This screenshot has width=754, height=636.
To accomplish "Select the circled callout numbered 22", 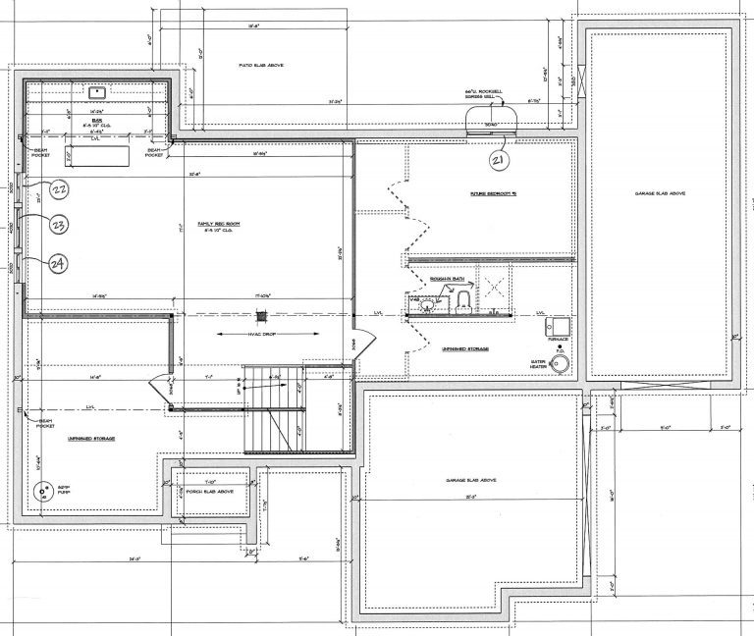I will (59, 188).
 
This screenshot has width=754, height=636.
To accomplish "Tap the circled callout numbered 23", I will (59, 225).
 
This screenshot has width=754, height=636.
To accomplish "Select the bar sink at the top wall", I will (98, 93).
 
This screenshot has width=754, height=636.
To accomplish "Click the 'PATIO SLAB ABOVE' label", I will (261, 66).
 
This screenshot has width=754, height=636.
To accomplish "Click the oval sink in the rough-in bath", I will (425, 306).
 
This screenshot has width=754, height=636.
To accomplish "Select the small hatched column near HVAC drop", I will (261, 315).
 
